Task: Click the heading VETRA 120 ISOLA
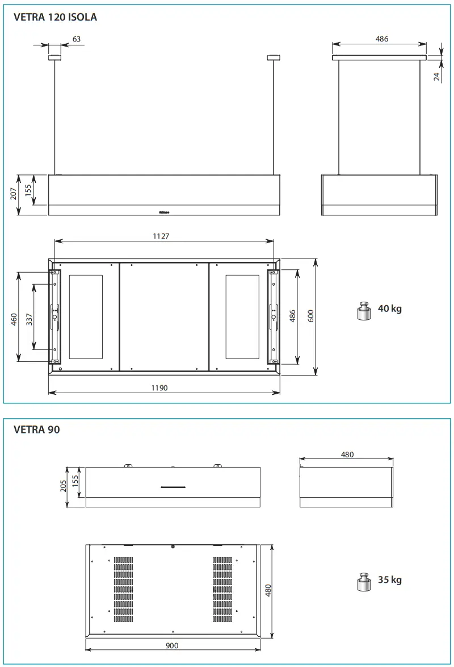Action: [x=55, y=18]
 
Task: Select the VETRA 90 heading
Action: [x=36, y=430]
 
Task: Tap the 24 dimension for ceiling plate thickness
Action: [x=437, y=76]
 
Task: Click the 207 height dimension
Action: [x=13, y=195]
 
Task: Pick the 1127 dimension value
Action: [x=161, y=236]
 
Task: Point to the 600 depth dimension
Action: [x=311, y=316]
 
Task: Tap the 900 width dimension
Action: [x=173, y=645]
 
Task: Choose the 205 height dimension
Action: [x=64, y=486]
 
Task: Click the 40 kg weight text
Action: [x=389, y=309]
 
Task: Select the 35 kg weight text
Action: [x=389, y=580]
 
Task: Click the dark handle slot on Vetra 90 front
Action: [x=173, y=487]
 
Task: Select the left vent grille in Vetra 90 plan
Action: [x=123, y=588]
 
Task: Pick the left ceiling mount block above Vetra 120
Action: [x=54, y=57]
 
